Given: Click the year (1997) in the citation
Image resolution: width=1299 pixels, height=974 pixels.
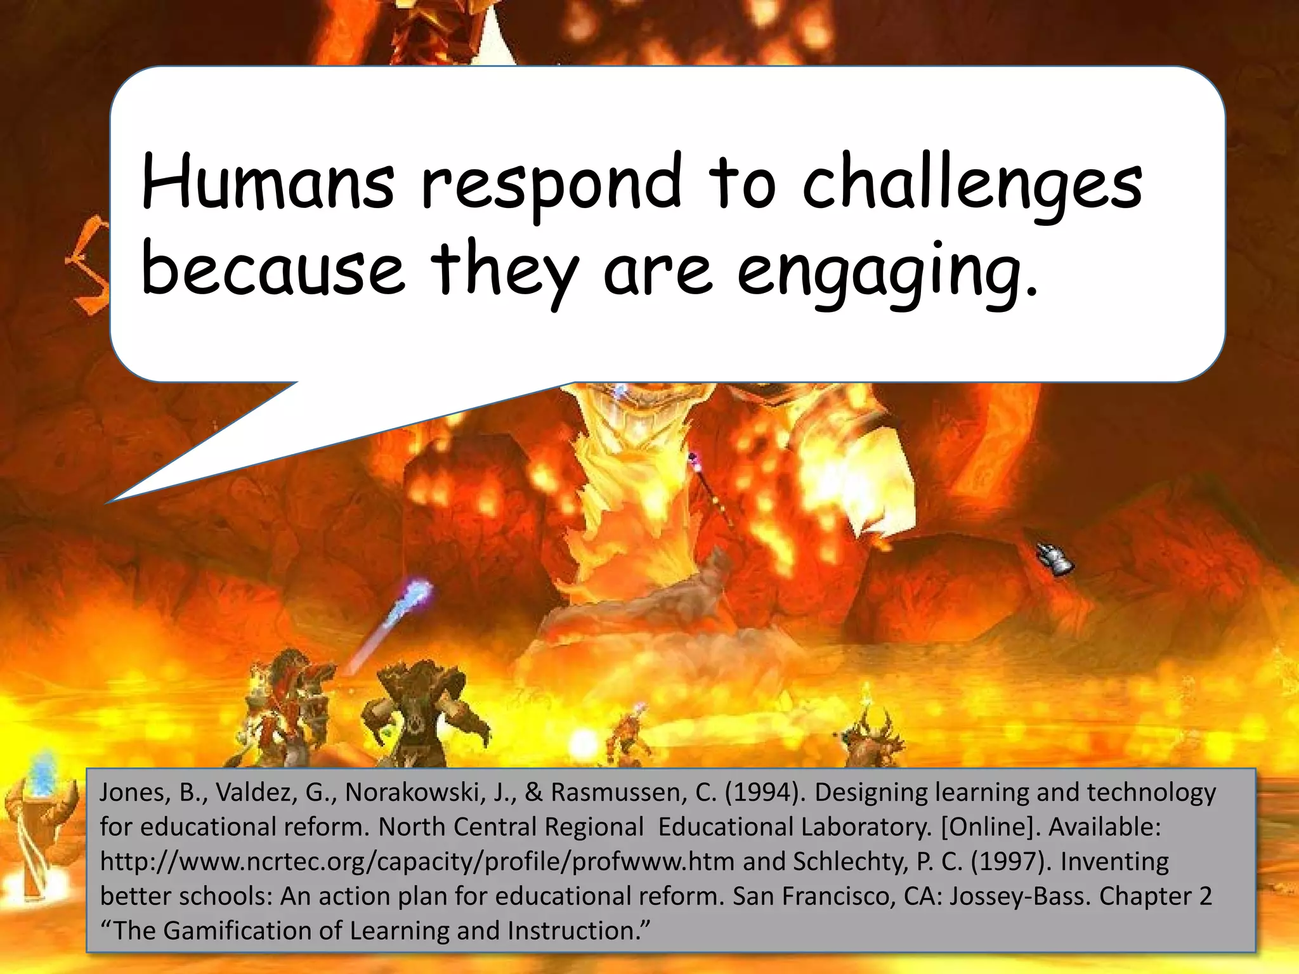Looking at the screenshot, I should (x=1011, y=862).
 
